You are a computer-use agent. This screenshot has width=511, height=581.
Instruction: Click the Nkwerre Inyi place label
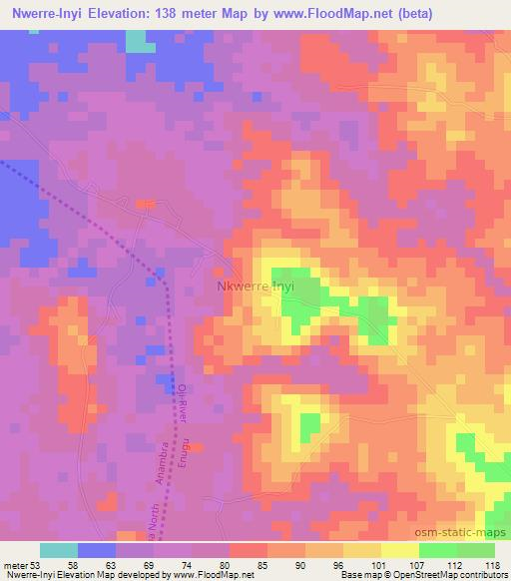click(256, 288)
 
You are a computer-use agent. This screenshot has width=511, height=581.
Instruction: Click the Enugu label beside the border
click(184, 463)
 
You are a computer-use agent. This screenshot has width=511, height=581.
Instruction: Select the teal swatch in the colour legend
click(59, 550)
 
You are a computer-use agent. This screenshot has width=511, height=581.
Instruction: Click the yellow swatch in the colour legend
click(399, 550)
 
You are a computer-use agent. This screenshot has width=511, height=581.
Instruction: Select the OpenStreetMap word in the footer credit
click(428, 576)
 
